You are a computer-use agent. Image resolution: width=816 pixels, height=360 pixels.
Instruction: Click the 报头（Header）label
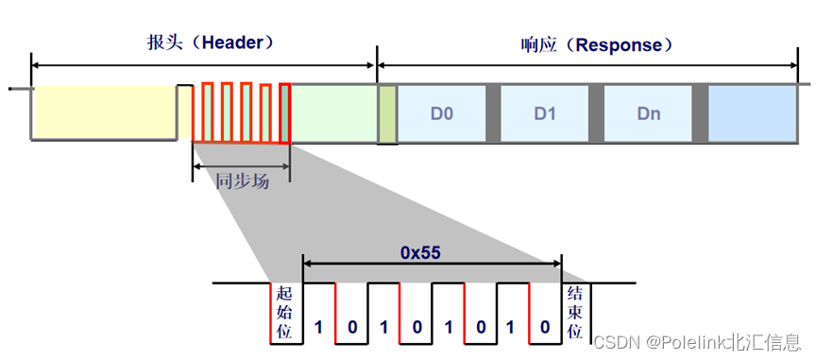tap(204, 43)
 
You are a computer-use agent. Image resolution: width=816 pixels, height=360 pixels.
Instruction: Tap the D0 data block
tap(442, 113)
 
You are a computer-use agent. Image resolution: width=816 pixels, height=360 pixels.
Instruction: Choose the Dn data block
tap(648, 113)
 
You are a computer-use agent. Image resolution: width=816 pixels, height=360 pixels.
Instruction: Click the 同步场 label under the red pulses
tap(242, 180)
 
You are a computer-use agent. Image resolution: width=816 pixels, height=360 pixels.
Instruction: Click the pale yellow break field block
tap(104, 113)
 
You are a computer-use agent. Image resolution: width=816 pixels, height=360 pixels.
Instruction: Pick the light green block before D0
tap(335, 113)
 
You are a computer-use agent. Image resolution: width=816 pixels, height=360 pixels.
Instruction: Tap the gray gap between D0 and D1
tap(493, 113)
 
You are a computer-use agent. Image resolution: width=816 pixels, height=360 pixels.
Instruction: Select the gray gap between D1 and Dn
tap(597, 113)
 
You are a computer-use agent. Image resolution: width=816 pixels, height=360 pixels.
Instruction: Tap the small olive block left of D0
tap(387, 113)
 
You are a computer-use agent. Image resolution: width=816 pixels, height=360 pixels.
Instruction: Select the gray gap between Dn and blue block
tap(700, 113)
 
